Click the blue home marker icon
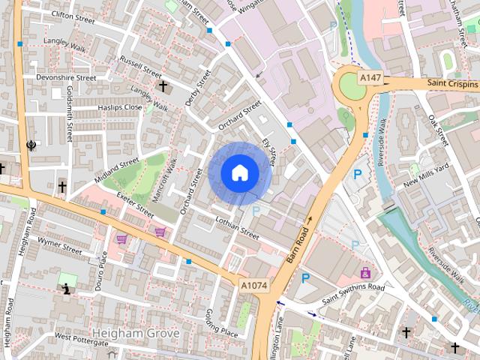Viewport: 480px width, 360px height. [239, 173]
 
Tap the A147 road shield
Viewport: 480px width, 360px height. [370, 77]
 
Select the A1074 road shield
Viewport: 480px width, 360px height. [253, 286]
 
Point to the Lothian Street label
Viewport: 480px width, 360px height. [236, 228]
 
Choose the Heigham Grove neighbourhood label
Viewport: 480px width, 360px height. [135, 332]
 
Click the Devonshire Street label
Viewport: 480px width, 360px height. [66, 77]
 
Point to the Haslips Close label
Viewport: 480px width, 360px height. [120, 107]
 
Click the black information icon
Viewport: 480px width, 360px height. [67, 288]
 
